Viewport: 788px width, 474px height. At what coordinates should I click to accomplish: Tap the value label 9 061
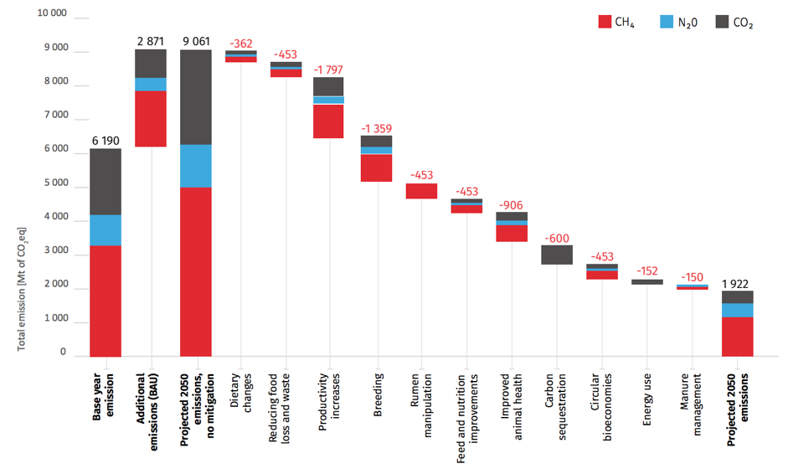coord(196,39)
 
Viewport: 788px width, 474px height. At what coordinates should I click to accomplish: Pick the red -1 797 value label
coord(328,69)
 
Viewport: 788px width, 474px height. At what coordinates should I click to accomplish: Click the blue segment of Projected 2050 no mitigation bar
coord(196,166)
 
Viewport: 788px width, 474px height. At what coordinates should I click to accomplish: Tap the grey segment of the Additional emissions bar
coord(151,64)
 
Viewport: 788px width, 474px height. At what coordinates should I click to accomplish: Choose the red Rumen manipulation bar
coord(421,191)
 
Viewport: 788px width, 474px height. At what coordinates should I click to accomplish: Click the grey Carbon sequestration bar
coord(557,255)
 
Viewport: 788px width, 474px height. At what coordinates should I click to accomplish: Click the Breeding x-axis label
coord(377,386)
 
